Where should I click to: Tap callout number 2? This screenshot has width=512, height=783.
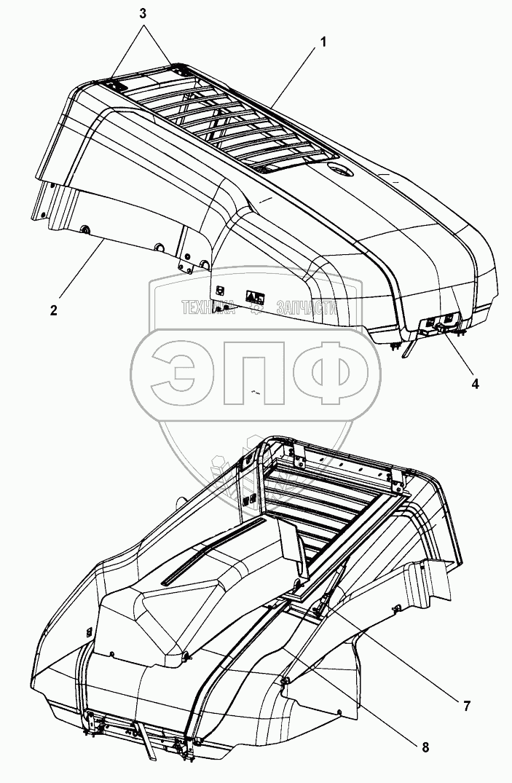coord(54,310)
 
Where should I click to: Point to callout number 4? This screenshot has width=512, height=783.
coord(475,383)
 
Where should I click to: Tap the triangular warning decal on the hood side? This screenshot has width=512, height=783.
coord(253,296)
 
